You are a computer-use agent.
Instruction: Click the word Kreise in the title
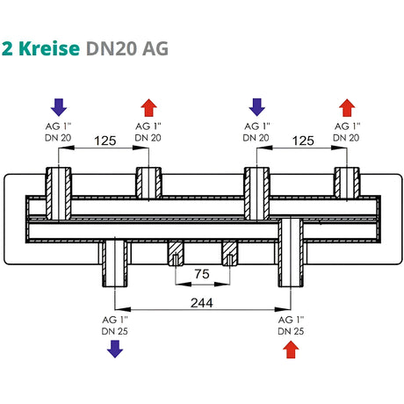click(x=51, y=48)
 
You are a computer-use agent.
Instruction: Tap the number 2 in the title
click(x=8, y=48)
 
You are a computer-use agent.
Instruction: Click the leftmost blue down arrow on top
click(x=58, y=107)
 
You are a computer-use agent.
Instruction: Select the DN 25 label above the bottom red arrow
click(x=290, y=330)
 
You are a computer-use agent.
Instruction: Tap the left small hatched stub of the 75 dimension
click(x=176, y=253)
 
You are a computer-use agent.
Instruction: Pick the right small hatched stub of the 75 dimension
click(x=230, y=253)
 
